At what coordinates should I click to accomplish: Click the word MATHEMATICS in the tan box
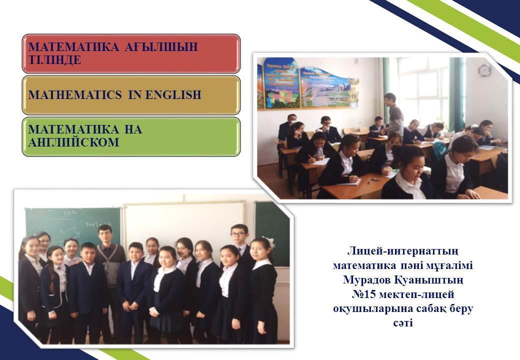point(75,95)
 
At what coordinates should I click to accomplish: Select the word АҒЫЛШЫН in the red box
point(161,46)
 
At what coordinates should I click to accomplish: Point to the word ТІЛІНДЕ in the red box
point(54,60)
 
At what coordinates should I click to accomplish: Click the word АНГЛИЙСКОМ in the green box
point(73,142)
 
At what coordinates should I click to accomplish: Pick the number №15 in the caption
point(364,294)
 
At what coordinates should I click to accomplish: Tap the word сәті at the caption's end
point(403,322)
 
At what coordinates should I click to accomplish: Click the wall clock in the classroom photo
point(483,70)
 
